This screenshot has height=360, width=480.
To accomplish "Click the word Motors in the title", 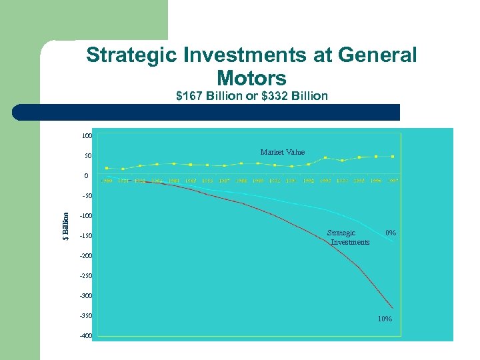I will pos(251,77).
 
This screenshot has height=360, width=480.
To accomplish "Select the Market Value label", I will pos(282,153).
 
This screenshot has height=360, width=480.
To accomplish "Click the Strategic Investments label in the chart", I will pos(347,237).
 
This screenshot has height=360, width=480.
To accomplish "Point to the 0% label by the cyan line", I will pos(391,233).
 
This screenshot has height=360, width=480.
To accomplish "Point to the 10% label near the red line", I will pos(385,319).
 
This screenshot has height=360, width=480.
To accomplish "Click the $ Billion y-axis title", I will pos(65,226).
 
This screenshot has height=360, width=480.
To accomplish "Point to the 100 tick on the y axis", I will pos(87,136).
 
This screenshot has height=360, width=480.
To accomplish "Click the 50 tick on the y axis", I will pos(88,156).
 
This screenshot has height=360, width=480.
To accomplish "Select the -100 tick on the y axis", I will pos(85,216).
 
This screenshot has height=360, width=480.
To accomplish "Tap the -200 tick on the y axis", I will pos(85,256).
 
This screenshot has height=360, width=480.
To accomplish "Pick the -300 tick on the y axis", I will pos(85,296).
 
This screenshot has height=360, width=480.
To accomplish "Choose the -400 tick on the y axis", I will pos(85,336).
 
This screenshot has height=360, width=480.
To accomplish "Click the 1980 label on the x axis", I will pos(107,181).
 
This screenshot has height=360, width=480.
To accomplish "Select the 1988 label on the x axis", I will pos(241,181).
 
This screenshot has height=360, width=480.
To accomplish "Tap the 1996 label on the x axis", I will pos(376,181).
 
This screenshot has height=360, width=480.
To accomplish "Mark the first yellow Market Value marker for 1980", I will pos(107,168).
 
